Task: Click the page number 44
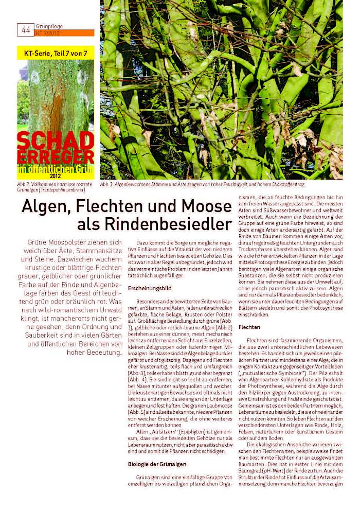click(26, 29)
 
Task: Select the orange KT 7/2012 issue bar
click(65, 33)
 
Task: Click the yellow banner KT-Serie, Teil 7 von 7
click(56, 53)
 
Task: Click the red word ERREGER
click(56, 156)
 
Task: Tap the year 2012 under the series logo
click(56, 175)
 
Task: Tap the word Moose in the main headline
click(209, 207)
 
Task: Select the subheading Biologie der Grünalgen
click(157, 464)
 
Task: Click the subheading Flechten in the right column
click(249, 327)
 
